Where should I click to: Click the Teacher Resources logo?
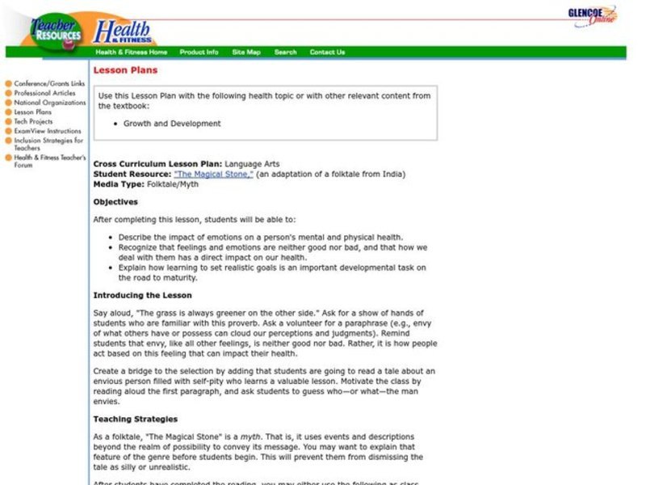57,30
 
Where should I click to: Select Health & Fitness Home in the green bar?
132,53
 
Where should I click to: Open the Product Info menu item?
199,53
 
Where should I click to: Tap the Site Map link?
246,53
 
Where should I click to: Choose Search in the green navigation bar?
285,53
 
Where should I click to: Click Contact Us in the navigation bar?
327,53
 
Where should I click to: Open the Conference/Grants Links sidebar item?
49,84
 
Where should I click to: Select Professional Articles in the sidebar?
44,94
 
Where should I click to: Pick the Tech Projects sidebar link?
33,122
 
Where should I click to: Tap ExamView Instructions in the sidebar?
48,131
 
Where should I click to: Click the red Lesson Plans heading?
114,70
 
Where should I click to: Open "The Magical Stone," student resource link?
213,174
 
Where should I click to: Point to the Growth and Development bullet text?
172,124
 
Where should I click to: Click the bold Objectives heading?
115,202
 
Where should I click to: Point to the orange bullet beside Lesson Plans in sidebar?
8,112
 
